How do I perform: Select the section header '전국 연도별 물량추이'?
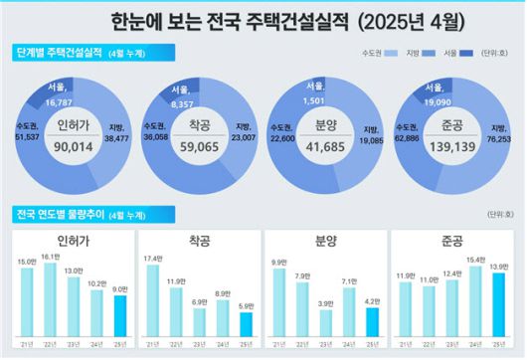(x=60, y=214)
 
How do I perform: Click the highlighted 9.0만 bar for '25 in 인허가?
(x=119, y=316)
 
